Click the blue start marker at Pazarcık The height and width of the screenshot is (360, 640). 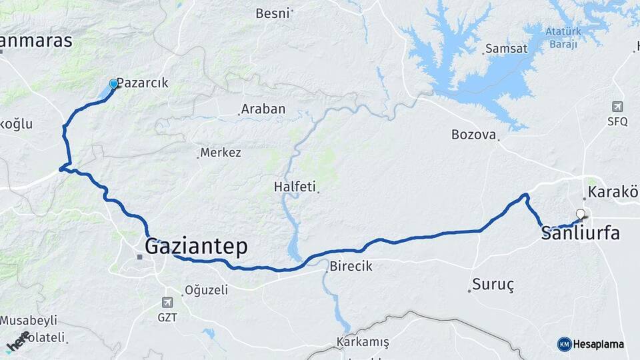click(113, 84)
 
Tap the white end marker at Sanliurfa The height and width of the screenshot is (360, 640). click(581, 214)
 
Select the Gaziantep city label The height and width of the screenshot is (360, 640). click(196, 247)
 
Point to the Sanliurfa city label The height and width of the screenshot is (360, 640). click(581, 233)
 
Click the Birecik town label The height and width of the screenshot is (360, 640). click(351, 267)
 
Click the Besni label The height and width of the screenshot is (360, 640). click(273, 13)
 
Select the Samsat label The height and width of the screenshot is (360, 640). click(506, 49)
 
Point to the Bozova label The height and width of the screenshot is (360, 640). click(474, 135)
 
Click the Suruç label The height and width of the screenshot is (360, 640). click(493, 285)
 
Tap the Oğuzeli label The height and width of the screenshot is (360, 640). click(206, 290)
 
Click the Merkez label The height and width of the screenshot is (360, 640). click(221, 153)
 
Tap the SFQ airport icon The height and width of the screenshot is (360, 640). click(617, 107)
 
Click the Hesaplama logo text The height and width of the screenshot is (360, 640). click(598, 345)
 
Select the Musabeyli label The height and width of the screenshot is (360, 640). click(29, 321)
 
